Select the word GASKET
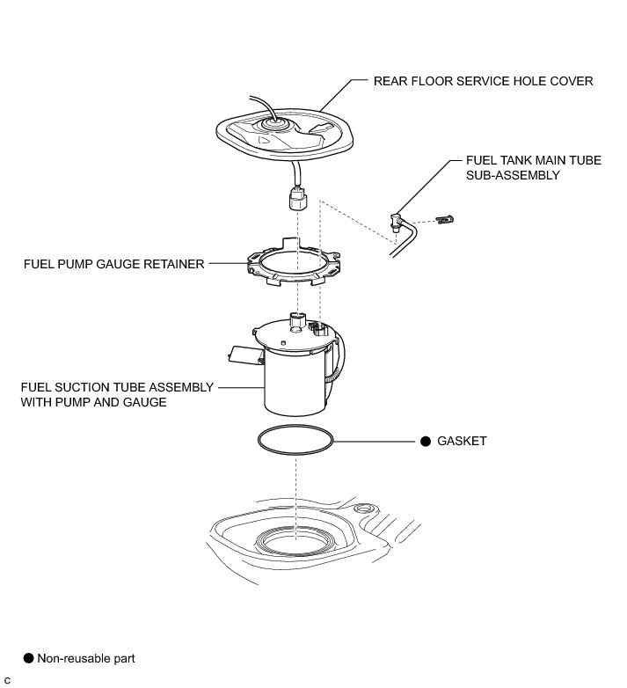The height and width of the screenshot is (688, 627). coord(462,441)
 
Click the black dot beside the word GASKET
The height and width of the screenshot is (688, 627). coord(425,441)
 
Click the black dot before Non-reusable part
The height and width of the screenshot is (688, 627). coord(27,657)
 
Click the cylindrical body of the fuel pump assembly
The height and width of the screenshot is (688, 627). coord(295,387)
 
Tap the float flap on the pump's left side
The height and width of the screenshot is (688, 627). coord(241,355)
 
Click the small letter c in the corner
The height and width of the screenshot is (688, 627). coord(7,680)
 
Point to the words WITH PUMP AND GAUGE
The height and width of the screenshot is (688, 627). coord(95,402)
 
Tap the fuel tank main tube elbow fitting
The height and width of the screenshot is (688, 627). coord(397,220)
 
